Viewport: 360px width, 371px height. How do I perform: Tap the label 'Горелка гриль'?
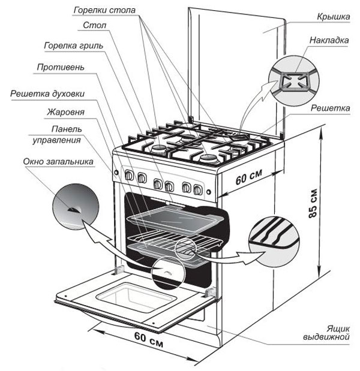73,45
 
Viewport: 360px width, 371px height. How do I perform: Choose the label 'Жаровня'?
67,112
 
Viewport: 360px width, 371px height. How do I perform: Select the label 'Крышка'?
333,17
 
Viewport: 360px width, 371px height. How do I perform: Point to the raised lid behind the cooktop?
234,66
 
